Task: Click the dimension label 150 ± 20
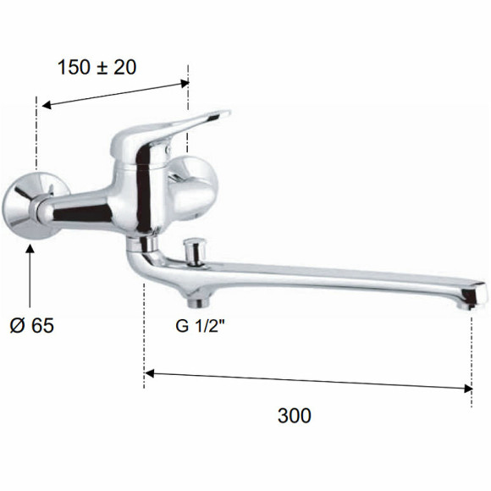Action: [97, 67]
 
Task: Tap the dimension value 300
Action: [295, 416]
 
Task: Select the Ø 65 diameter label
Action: [32, 325]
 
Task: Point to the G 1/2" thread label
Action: [200, 326]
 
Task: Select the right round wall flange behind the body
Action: [193, 188]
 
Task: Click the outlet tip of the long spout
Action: [473, 296]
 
